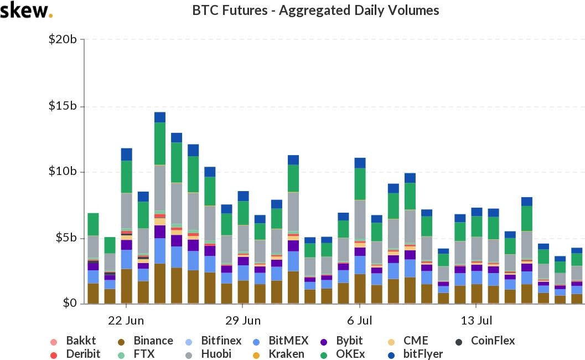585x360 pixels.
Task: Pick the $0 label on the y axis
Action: (70, 304)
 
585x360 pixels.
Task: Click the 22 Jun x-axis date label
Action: (126, 321)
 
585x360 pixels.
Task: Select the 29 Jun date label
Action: (242, 321)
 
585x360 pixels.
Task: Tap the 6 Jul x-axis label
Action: (359, 321)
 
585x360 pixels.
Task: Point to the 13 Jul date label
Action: (476, 321)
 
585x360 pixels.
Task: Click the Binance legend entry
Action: (147, 341)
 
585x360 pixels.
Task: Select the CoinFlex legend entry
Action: (485, 341)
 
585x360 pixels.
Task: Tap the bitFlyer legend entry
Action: (415, 353)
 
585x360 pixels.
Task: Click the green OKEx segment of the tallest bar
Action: (160, 143)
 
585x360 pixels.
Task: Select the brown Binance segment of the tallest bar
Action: (160, 284)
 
